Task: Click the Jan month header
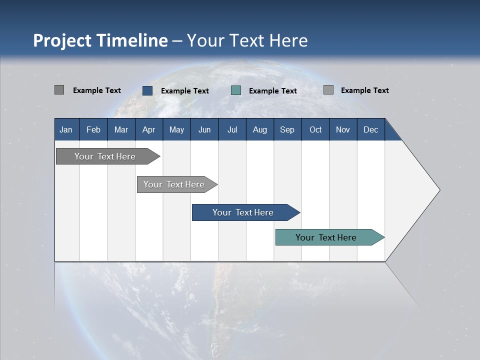[x=66, y=129]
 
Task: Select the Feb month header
[x=93, y=129]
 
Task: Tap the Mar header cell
[x=121, y=129]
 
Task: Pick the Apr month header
[x=149, y=129]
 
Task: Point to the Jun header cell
[x=204, y=129]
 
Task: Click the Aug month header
[x=260, y=129]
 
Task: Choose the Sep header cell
[x=287, y=129]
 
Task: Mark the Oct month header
[x=315, y=129]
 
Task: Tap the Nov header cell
[x=343, y=129]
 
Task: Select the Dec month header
[x=371, y=129]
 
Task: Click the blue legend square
[x=147, y=90]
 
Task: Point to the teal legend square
[x=236, y=90]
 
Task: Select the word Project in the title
[x=61, y=40]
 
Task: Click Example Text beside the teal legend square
[x=273, y=91]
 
